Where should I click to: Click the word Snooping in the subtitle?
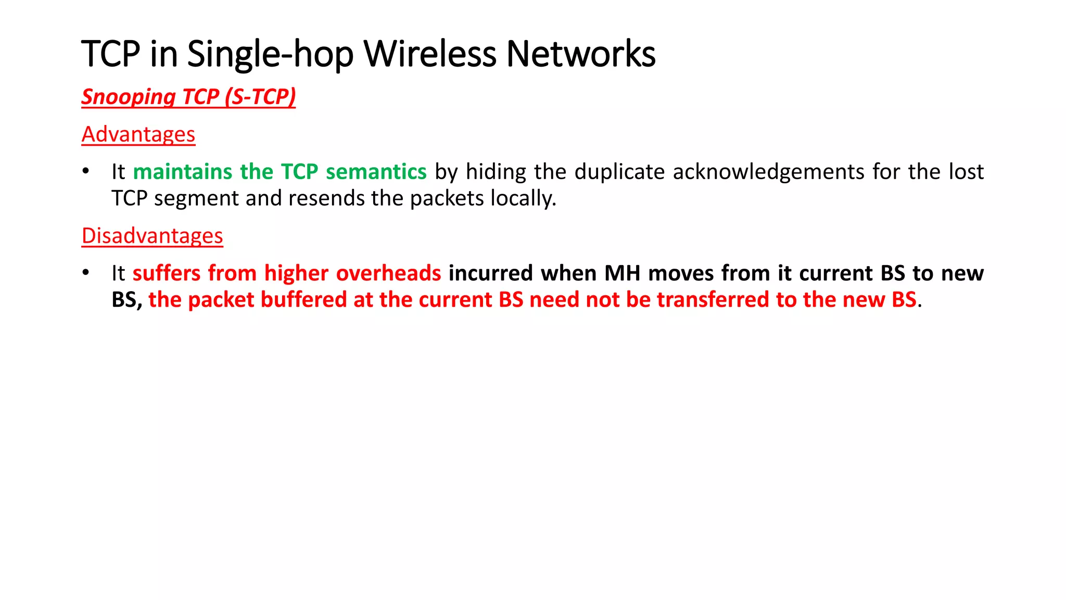[129, 97]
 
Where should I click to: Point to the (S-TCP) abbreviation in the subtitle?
[260, 97]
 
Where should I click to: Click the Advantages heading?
[138, 134]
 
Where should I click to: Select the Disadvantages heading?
[153, 236]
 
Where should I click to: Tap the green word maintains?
[182, 172]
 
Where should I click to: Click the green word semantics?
[376, 172]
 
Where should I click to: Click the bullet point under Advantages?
[86, 171]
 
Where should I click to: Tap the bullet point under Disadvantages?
[86, 273]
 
